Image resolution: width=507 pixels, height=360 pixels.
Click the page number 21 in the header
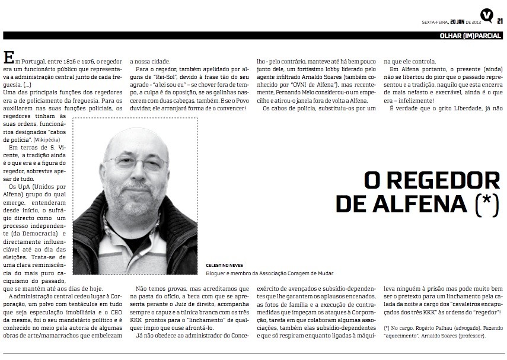pos(500,21)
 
